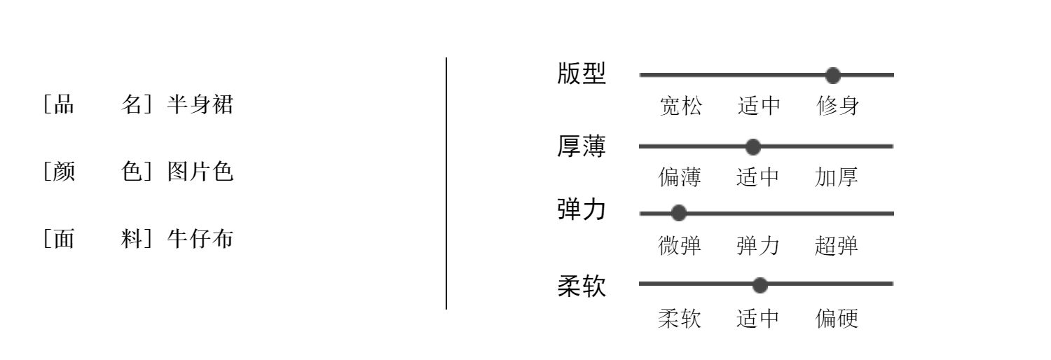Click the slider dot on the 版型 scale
coord(833,75)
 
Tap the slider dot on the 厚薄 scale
coord(753,146)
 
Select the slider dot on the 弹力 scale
coord(678,214)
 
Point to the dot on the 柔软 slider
coord(760,285)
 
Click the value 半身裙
coord(200,104)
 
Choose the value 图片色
coord(200,171)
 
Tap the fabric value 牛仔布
coord(200,239)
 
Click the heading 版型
coord(582,74)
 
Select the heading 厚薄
coord(582,146)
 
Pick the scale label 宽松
coord(681,106)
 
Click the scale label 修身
coord(838,106)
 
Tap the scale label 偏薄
coord(680,177)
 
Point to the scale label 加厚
coord(837,177)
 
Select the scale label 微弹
coord(680,246)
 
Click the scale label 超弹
coord(837,246)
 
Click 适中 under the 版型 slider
coord(759,106)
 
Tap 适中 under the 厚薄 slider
coord(757,177)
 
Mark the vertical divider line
coord(446,184)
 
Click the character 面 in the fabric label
coord(64,239)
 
